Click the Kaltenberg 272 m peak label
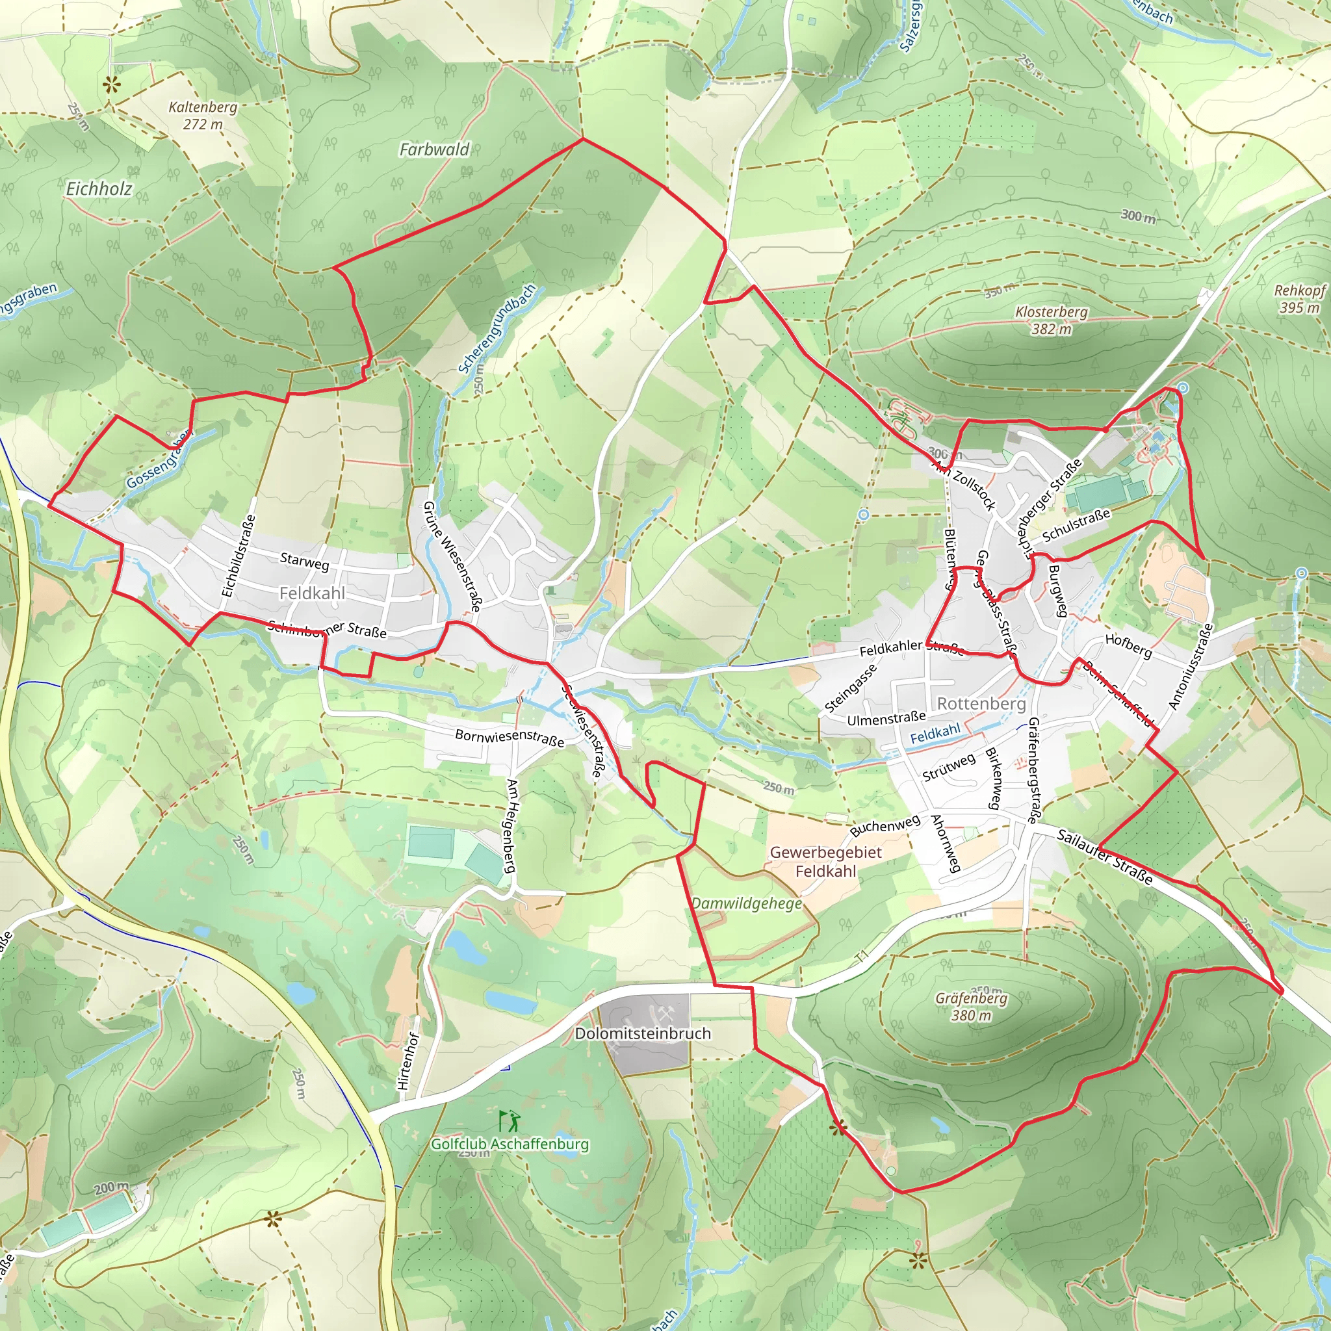point(203,116)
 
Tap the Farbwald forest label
point(434,149)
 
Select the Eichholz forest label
point(99,188)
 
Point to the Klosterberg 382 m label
point(1052,320)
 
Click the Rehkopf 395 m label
point(1299,299)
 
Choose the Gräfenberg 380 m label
point(972,1007)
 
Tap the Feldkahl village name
point(312,593)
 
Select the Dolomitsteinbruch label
point(642,1033)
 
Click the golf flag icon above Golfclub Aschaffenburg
point(510,1122)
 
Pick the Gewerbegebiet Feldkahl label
point(825,862)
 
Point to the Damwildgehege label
point(747,903)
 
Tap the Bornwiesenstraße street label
point(509,736)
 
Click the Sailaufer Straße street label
point(1104,857)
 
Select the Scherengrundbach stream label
point(497,329)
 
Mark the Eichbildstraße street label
point(239,556)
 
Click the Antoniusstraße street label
point(1190,667)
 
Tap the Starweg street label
point(305,561)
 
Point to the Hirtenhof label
point(408,1061)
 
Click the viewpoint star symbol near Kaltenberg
point(111,85)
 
